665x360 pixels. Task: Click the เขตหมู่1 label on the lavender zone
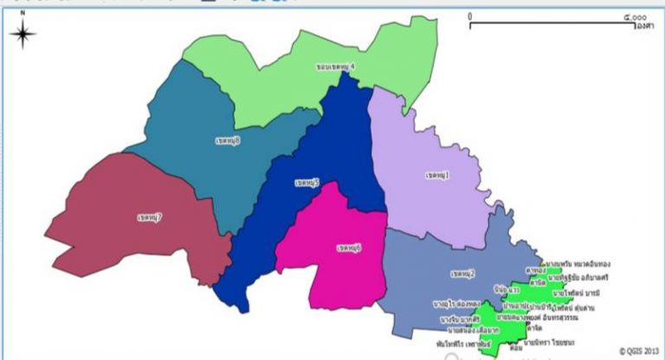[x=437, y=176]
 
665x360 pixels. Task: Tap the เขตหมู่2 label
[x=462, y=274]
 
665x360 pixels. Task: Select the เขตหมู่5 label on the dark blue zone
[x=307, y=183]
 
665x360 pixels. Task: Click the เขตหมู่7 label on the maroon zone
[x=150, y=215]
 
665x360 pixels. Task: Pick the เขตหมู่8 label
[x=227, y=138]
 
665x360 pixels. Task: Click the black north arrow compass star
[x=23, y=35]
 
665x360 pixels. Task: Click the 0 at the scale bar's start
[x=469, y=16]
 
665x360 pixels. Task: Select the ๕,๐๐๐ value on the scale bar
[x=635, y=16]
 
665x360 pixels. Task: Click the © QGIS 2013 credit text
[x=639, y=350]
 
